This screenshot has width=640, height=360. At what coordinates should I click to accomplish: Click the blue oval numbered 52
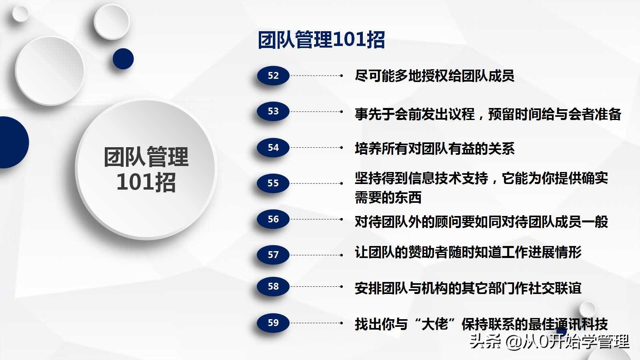(273, 76)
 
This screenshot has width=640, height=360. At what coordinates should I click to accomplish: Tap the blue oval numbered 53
(273, 111)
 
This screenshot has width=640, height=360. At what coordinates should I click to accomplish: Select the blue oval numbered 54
(273, 148)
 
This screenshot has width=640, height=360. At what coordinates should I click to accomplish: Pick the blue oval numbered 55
(273, 183)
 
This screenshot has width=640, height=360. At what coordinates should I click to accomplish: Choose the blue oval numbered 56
(273, 219)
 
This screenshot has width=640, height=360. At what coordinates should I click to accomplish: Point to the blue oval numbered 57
(273, 255)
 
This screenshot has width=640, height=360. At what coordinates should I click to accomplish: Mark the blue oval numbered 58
(273, 286)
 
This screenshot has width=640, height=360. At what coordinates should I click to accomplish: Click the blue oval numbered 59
(273, 323)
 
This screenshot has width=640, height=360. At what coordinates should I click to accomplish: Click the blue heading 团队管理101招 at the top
(321, 40)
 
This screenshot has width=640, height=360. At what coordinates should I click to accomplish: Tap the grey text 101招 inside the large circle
(146, 182)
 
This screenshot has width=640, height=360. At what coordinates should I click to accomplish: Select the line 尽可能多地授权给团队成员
(434, 76)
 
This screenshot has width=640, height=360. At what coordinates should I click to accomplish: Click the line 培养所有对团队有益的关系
(434, 148)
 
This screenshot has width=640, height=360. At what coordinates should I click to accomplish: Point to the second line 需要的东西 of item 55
(388, 197)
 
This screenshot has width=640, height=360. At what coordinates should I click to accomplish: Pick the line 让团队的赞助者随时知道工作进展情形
(468, 252)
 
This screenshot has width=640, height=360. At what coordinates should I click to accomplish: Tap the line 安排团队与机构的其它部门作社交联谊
(468, 288)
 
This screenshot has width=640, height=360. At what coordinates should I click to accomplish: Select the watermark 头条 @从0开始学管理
(549, 342)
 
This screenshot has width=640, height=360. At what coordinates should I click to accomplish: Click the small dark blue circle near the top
(123, 59)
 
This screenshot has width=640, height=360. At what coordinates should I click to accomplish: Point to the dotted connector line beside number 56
(316, 219)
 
